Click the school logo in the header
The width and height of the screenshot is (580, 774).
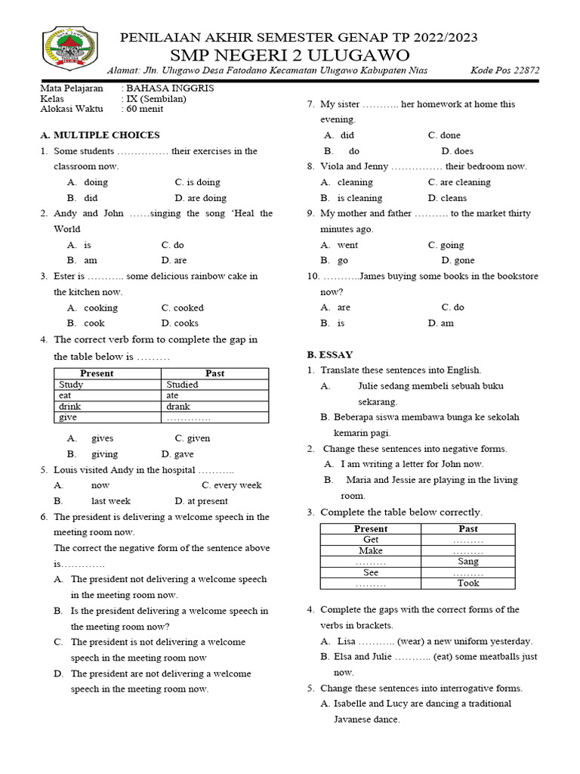69,50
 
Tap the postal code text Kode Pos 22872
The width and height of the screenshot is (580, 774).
504,71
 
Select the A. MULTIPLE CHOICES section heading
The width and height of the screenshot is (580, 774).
100,135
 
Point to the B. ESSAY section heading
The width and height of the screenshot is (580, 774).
329,354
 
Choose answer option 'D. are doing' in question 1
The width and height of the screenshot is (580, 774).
200,198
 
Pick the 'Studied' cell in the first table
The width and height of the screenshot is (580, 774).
182,385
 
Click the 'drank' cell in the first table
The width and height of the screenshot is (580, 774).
178,406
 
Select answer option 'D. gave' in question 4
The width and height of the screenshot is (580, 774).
177,454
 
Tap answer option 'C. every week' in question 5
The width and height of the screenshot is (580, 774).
232,485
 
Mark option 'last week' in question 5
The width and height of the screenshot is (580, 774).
111,501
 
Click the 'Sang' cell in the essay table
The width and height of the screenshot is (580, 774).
467,562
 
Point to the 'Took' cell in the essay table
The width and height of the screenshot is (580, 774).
467,584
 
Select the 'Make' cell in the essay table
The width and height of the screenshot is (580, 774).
370,551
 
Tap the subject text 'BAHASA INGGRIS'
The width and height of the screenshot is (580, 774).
170,88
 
